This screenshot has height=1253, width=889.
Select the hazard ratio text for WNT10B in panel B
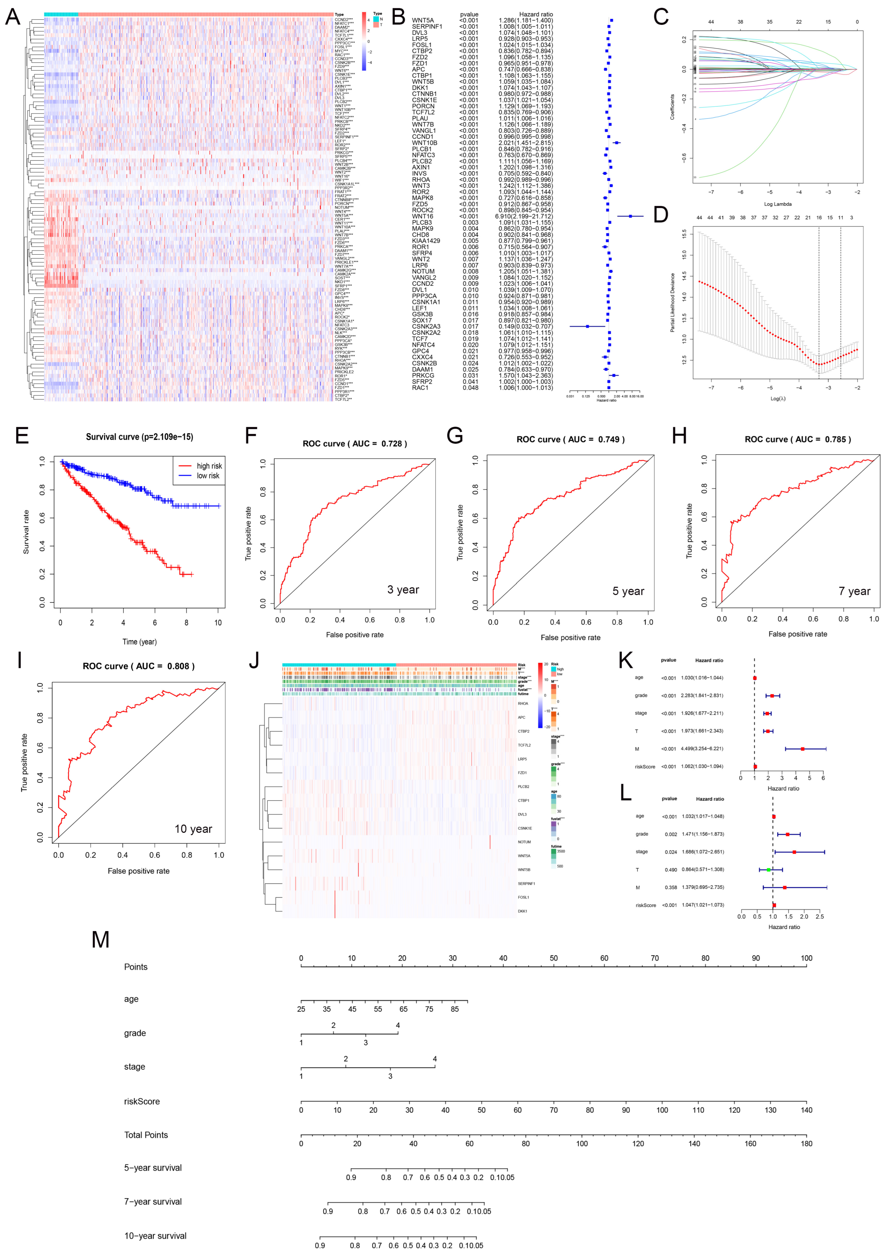(x=525, y=143)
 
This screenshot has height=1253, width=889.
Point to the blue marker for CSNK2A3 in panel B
(x=587, y=326)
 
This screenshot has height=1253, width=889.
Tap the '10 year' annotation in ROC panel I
(x=193, y=829)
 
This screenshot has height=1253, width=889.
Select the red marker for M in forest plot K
(x=803, y=749)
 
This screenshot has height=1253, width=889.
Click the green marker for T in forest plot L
(x=769, y=870)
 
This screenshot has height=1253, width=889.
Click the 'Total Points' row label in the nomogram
(x=146, y=1135)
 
